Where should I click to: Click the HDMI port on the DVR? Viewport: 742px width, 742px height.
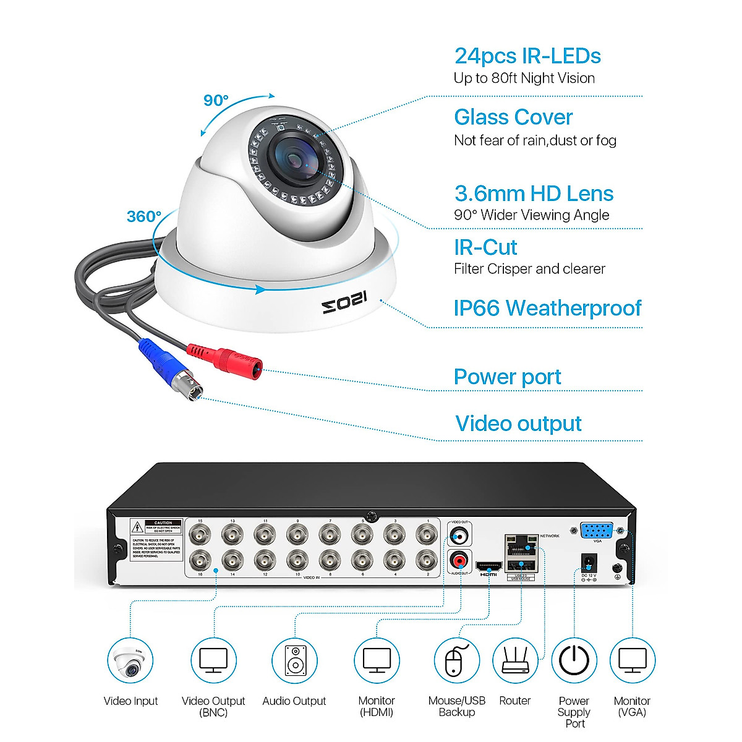coord(488,565)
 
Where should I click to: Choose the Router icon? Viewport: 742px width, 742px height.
coord(515,660)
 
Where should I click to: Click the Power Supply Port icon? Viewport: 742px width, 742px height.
coord(574,660)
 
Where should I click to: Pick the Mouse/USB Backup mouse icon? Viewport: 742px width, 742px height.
coord(456,660)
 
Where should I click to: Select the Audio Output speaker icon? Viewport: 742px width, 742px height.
coord(294,660)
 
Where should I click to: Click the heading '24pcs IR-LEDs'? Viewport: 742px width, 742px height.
coord(527,56)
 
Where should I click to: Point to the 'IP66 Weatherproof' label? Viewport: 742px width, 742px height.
coord(547,308)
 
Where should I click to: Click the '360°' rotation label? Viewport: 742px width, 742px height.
coord(143,216)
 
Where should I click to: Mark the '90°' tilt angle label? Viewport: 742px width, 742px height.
coord(216,100)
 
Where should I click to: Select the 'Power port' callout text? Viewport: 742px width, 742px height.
coord(507,377)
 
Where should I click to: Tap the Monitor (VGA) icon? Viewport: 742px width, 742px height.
coord(632,660)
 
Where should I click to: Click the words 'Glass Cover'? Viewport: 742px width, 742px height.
coord(513,117)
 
